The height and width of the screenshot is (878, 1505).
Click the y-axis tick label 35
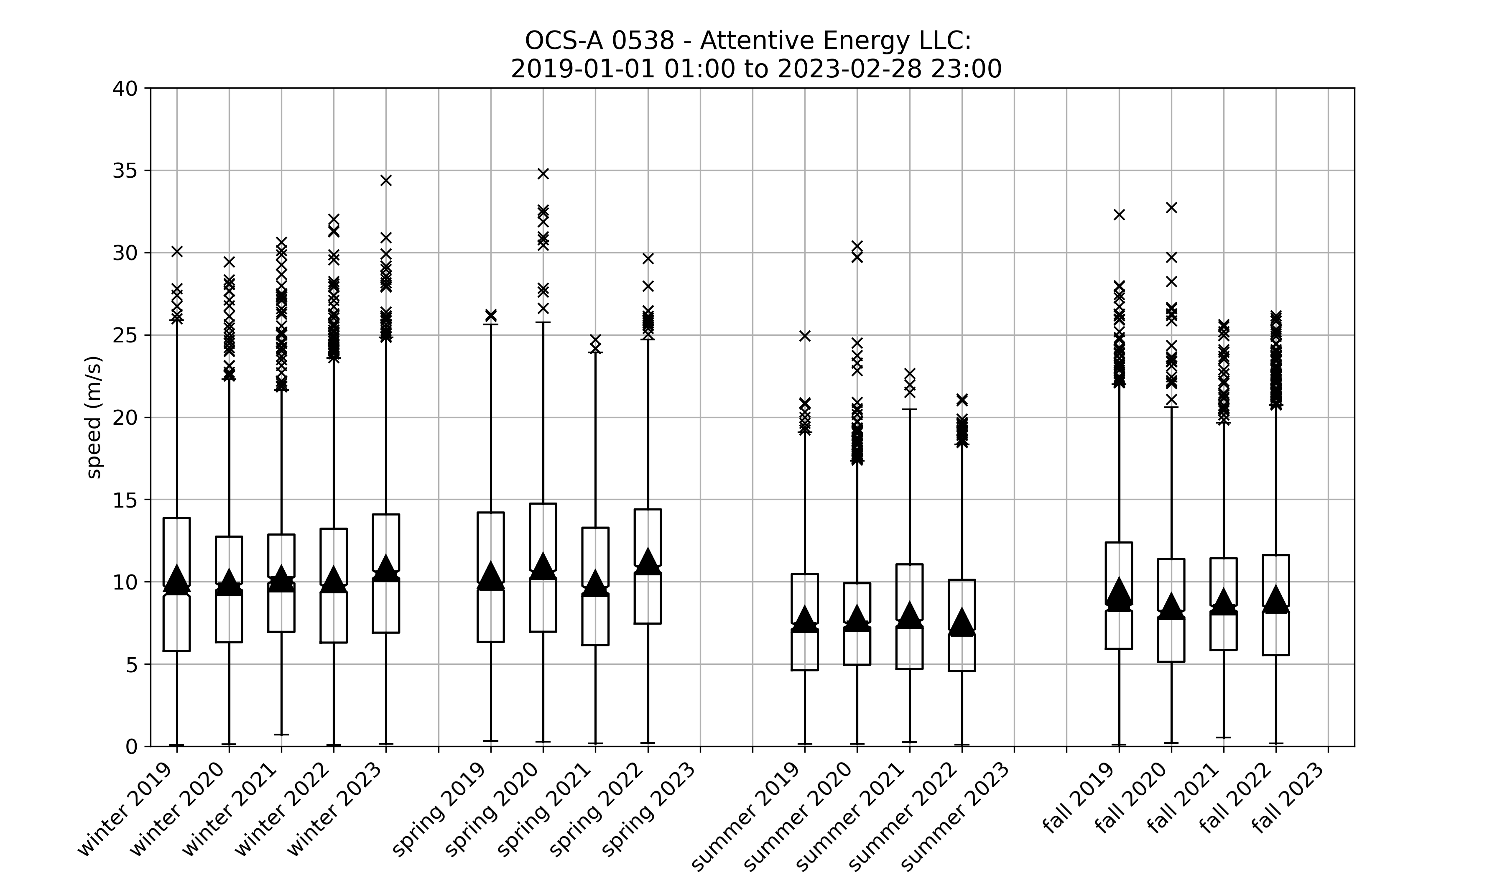[x=125, y=171]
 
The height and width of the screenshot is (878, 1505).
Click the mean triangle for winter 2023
[x=386, y=567]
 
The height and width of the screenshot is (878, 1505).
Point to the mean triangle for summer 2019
[x=805, y=619]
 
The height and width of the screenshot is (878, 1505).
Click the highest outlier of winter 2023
[x=386, y=180]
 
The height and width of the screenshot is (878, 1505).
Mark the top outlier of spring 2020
[x=543, y=174]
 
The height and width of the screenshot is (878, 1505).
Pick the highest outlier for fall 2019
[x=1119, y=214]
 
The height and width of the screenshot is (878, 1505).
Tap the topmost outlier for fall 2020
[x=1171, y=208]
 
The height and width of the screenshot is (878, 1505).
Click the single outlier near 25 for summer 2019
[x=805, y=336]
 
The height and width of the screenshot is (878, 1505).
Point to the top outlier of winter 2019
[x=177, y=251]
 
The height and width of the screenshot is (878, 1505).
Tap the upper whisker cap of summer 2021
[x=910, y=409]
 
